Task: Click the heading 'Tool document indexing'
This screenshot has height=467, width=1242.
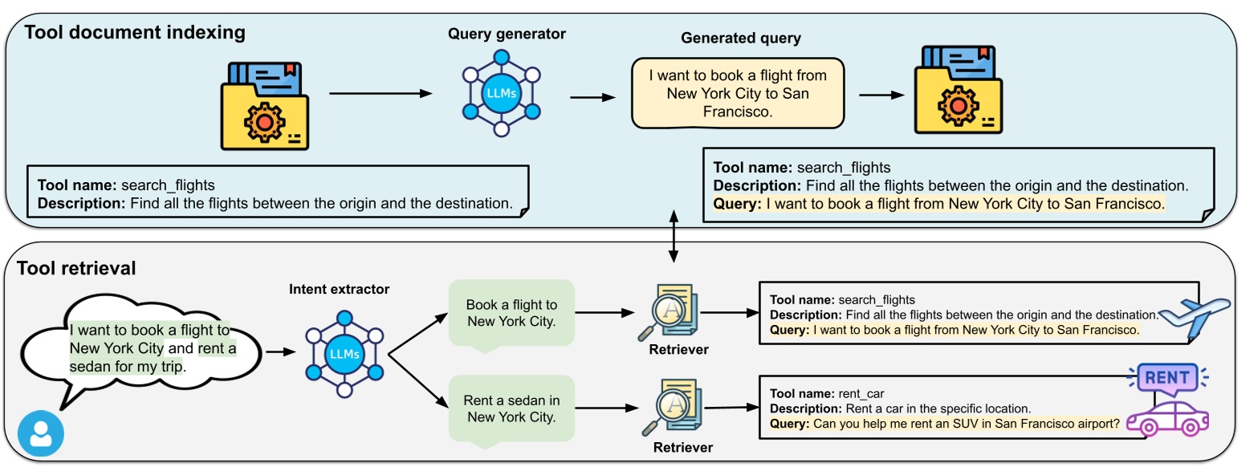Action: click(136, 33)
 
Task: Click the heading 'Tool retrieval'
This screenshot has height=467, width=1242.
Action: click(76, 268)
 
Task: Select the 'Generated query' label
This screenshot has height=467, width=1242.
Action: click(740, 39)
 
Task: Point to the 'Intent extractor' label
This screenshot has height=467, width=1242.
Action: click(338, 289)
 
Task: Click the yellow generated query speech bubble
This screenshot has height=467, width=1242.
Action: click(737, 93)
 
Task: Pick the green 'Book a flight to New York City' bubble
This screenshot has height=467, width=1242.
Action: click(512, 314)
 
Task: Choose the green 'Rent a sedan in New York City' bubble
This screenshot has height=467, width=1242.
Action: click(512, 409)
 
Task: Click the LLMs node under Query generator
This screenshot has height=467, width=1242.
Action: click(501, 93)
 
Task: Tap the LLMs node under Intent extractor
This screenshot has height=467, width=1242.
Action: click(346, 352)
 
